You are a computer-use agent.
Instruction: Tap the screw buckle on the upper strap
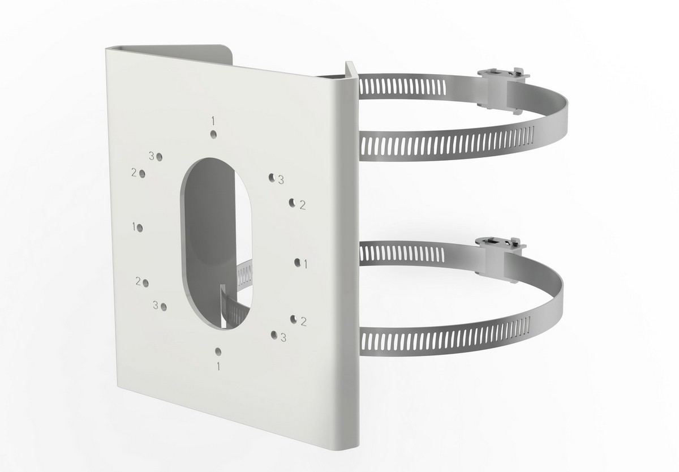click(x=501, y=88)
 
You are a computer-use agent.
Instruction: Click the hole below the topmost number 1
click(x=214, y=134)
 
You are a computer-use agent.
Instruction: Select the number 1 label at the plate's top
click(x=213, y=120)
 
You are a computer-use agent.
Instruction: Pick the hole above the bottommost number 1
click(x=218, y=351)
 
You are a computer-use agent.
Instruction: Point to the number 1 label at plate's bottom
click(x=218, y=366)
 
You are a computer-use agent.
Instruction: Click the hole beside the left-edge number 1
click(x=140, y=228)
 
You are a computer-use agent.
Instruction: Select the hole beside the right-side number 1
click(x=297, y=261)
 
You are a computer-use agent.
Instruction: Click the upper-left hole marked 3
click(x=160, y=156)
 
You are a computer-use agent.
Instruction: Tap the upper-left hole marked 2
click(x=142, y=174)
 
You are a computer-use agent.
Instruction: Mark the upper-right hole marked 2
click(x=292, y=202)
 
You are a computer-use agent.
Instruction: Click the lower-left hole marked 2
click(x=146, y=283)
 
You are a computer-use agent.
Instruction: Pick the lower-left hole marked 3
click(x=164, y=307)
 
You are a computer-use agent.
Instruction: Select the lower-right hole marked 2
click(x=294, y=319)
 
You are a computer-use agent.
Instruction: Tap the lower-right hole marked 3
click(x=274, y=335)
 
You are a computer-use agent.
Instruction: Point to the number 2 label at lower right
click(x=304, y=321)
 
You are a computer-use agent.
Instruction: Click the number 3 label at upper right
click(x=281, y=180)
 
